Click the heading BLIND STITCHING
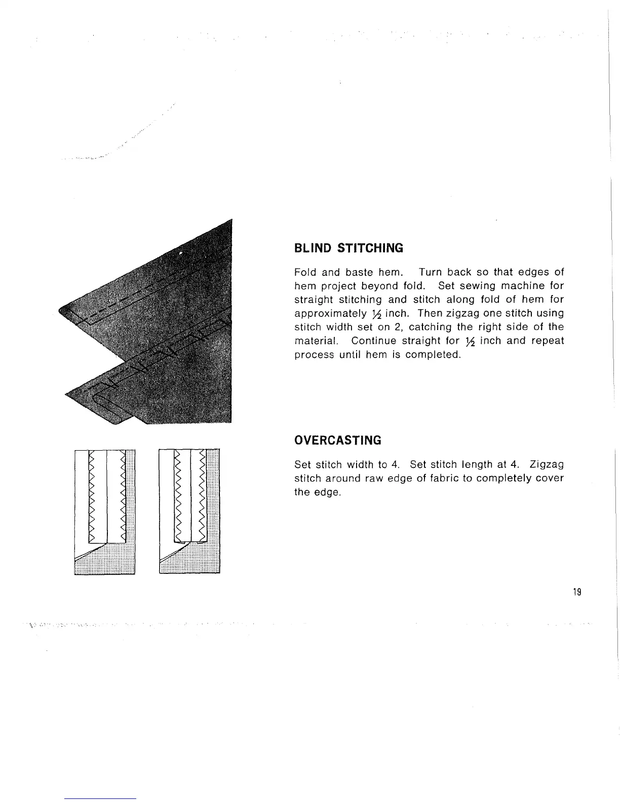pos(348,248)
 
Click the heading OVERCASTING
pos(337,440)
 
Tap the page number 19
pos(576,592)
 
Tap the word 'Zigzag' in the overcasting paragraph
pos(547,464)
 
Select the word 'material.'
pos(315,341)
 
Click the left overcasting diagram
pos(104,512)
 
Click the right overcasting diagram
pos(189,512)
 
